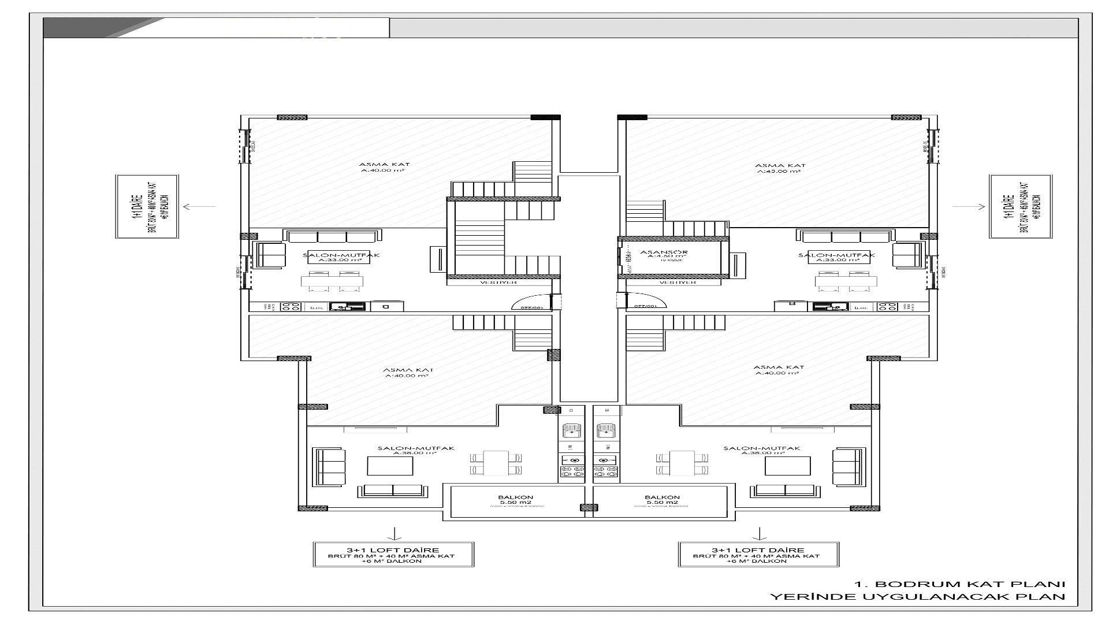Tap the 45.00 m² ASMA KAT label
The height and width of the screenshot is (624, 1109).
coord(780,168)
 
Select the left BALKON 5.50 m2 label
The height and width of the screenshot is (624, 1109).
coord(515,500)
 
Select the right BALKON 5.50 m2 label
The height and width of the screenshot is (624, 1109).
coord(662,500)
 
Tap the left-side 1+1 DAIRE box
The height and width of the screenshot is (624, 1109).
coord(146,206)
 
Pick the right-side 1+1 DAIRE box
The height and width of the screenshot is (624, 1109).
coord(1021,206)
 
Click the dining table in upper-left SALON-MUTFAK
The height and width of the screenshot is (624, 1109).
coord(332,281)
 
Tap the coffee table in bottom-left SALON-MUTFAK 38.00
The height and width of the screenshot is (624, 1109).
coord(390,466)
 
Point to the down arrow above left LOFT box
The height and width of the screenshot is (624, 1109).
coord(394,533)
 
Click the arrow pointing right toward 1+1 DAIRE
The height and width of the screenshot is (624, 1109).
coord(977,206)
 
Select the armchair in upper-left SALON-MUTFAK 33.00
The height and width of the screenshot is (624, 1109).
coord(270,255)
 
